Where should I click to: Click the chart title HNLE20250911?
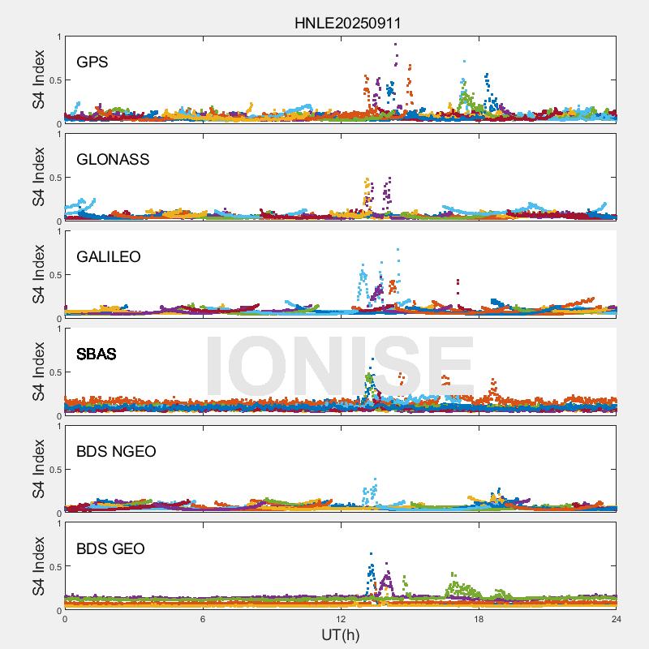point(347,24)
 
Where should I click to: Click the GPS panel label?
point(92,62)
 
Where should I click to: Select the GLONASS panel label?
point(113,160)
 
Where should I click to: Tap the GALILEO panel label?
point(109,257)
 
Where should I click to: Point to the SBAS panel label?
point(97,355)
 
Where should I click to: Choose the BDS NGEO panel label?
point(116,452)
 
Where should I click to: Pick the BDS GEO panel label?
point(110,549)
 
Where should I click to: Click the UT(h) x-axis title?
point(341,635)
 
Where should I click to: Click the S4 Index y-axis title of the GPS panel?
point(37,80)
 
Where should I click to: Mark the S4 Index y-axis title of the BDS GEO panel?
point(37,567)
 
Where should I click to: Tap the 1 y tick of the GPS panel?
point(58,37)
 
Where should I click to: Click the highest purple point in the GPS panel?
point(395,45)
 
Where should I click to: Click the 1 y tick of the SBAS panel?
point(58,329)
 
